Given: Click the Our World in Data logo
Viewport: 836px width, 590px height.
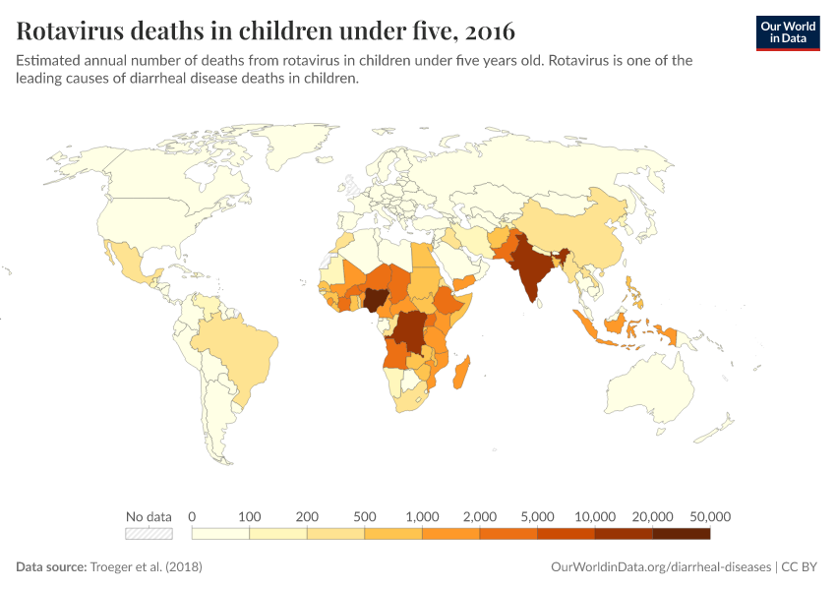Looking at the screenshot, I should (x=787, y=31).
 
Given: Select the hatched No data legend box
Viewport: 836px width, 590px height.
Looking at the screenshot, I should (x=149, y=534).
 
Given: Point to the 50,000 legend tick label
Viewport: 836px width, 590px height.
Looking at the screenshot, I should (x=710, y=516).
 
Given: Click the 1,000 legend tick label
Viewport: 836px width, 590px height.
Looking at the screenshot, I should (x=422, y=516).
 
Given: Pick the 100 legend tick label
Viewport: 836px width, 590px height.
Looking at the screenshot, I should (x=250, y=516).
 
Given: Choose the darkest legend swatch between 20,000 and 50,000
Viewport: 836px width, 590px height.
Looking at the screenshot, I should (x=681, y=534).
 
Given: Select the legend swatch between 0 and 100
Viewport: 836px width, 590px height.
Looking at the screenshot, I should (x=220, y=534).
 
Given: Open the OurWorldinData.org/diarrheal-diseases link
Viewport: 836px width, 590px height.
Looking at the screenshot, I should (x=660, y=567).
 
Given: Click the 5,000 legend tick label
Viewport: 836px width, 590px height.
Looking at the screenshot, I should (x=537, y=516).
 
